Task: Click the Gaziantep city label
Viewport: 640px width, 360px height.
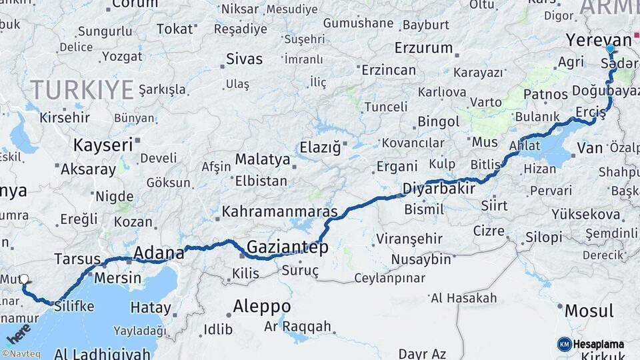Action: [x=287, y=248]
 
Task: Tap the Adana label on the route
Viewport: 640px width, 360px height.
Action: [x=159, y=253]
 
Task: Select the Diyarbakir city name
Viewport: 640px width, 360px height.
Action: [x=439, y=189]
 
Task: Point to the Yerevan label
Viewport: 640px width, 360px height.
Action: [x=598, y=40]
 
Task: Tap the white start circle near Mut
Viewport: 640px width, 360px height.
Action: [x=24, y=279]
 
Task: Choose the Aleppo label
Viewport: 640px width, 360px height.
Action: [x=261, y=307]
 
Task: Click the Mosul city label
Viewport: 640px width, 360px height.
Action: [x=589, y=311]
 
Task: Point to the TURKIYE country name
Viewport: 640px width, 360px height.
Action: [x=81, y=90]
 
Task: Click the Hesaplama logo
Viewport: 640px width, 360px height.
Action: [x=592, y=343]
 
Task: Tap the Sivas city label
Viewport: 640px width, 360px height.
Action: [x=245, y=59]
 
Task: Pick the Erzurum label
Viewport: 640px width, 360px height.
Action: [x=423, y=48]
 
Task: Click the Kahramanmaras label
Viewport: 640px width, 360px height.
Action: [x=280, y=213]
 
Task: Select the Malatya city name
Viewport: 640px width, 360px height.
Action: [x=262, y=160]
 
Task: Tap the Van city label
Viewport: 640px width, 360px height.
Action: [x=589, y=147]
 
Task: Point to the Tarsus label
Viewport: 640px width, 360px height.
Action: [x=77, y=259]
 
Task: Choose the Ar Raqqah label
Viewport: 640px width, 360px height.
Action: [x=297, y=327]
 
